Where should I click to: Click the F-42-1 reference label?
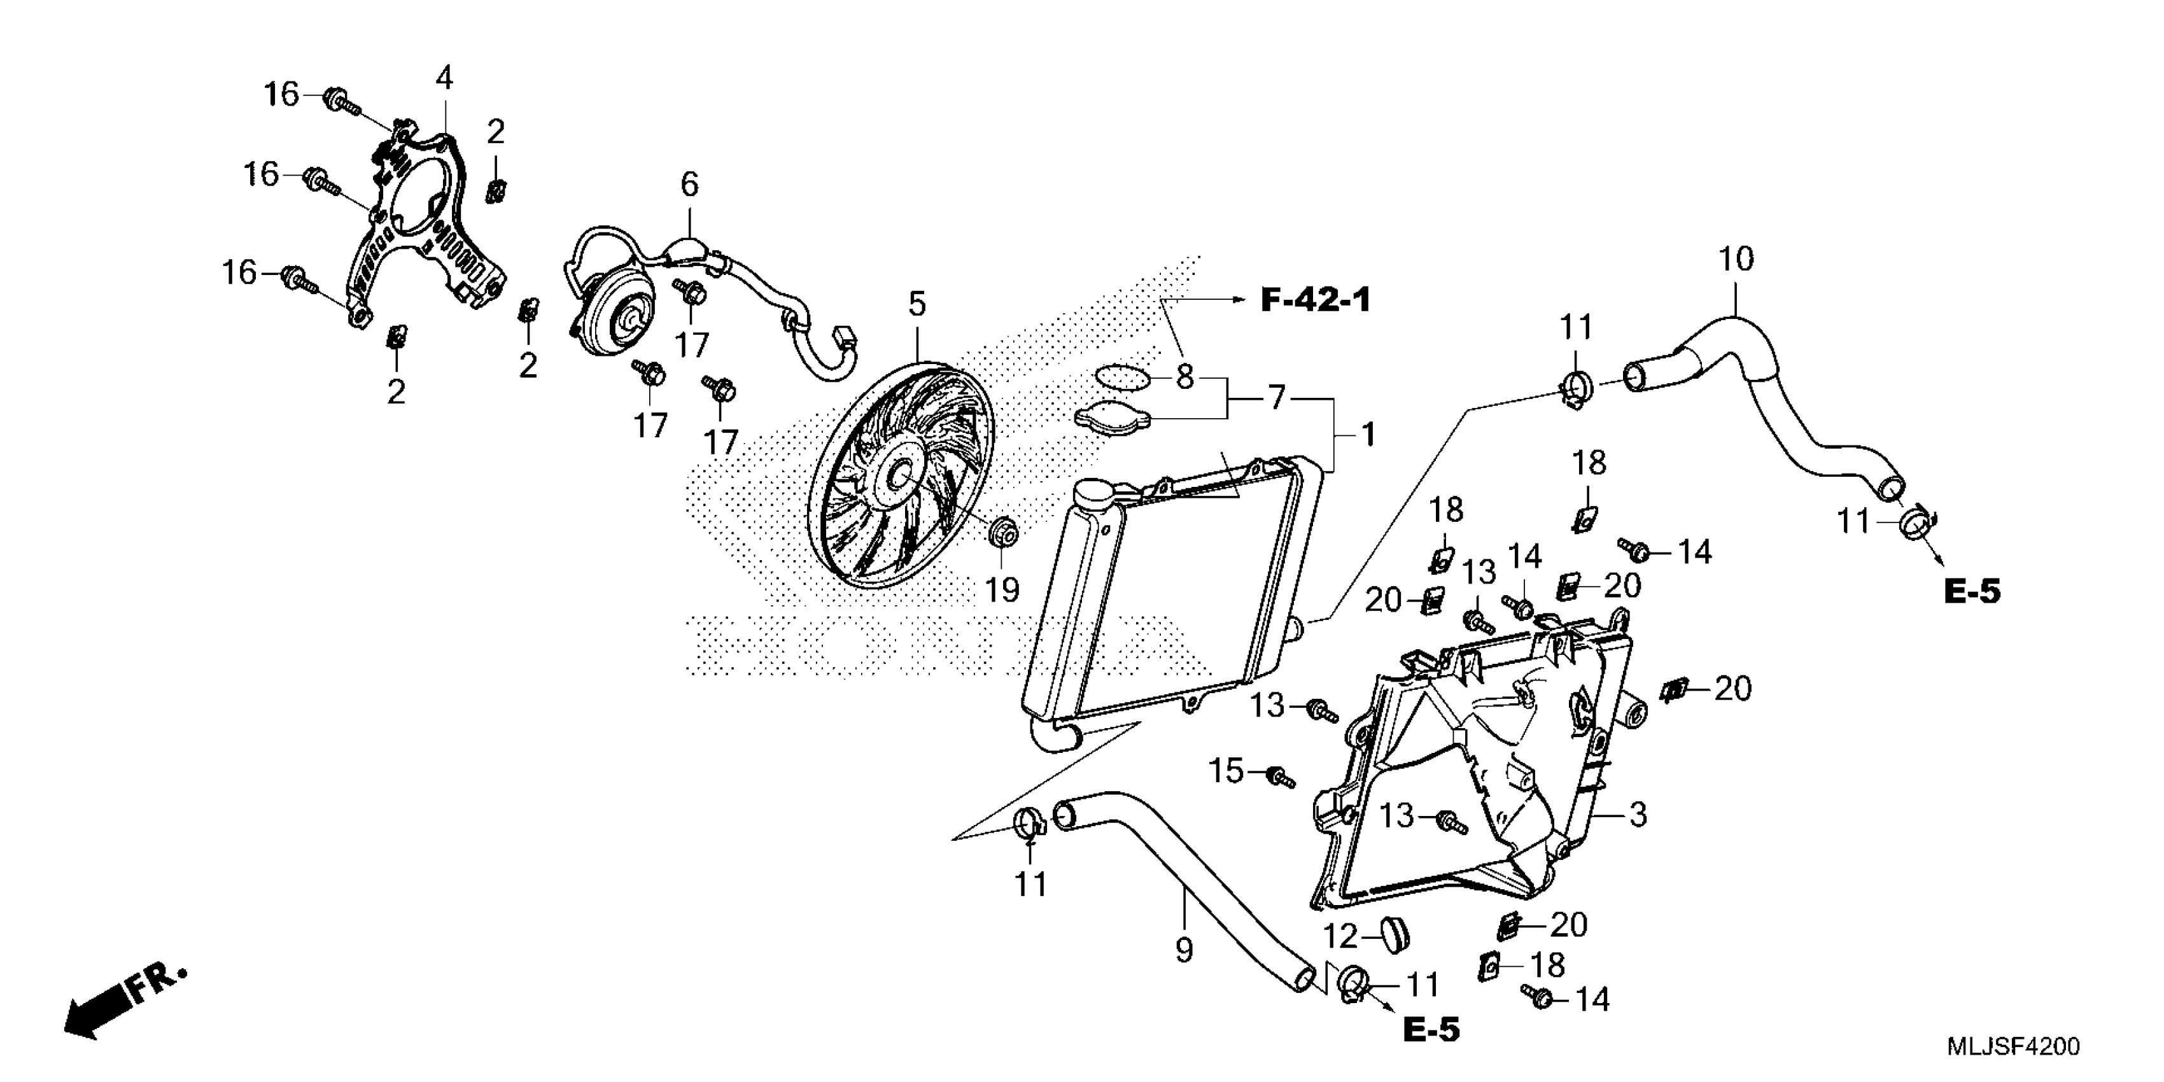(x=1315, y=299)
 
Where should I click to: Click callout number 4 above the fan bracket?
(x=444, y=78)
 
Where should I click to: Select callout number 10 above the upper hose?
(x=1736, y=259)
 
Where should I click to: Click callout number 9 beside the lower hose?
(x=1184, y=950)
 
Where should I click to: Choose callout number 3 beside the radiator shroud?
(x=1637, y=814)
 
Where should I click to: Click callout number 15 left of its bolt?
(x=1226, y=770)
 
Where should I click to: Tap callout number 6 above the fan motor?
(x=689, y=184)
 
